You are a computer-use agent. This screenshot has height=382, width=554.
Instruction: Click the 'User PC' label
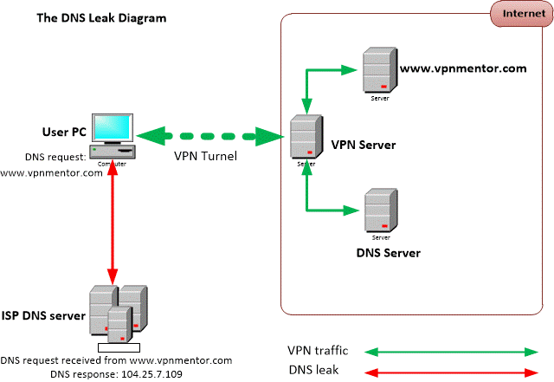tap(62, 132)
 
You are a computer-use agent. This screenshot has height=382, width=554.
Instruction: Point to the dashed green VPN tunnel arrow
tap(212, 136)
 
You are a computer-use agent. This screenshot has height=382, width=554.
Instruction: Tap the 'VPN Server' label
tap(364, 145)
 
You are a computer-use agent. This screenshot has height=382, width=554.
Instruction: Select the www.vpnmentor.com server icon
tap(375, 70)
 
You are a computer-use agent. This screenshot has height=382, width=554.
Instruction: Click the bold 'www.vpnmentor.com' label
tap(462, 68)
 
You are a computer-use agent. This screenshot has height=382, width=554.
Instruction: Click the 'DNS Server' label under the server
tap(388, 253)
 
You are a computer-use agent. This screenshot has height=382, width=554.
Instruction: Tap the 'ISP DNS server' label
tap(43, 316)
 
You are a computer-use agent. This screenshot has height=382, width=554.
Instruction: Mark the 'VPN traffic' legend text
tap(318, 351)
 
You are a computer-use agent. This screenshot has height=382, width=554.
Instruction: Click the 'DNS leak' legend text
tap(313, 369)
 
